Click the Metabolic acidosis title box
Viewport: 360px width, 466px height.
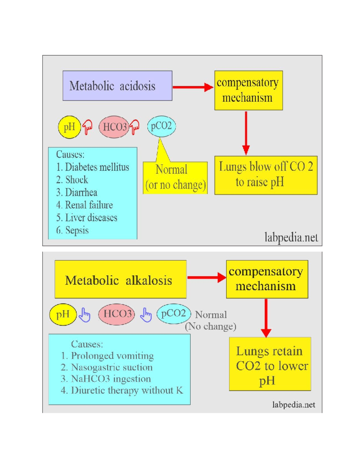coord(117,86)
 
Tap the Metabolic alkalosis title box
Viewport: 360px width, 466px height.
coord(120,279)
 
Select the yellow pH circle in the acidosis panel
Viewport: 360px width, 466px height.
coord(69,127)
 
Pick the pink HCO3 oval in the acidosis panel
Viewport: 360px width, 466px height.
coord(114,127)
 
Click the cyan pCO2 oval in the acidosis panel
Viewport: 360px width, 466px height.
coord(161,126)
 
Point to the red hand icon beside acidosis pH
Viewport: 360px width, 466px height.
coord(87,127)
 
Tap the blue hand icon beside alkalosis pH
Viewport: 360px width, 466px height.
coord(85,315)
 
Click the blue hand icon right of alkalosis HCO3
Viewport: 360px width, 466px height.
coord(146,315)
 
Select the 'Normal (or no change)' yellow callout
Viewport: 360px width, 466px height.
coord(175,178)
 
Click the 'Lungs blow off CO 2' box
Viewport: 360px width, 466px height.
coord(266,175)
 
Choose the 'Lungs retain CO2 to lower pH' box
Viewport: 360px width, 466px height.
coord(270,364)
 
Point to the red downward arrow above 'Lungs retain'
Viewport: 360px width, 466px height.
coord(266,318)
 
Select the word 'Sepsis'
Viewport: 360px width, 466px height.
coord(77,230)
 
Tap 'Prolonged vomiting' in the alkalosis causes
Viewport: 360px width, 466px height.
coord(112,356)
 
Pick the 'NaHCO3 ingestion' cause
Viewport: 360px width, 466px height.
coord(111,379)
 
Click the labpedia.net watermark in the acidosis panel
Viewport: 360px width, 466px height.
coord(291,237)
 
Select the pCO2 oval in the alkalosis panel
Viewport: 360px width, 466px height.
coord(174,314)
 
